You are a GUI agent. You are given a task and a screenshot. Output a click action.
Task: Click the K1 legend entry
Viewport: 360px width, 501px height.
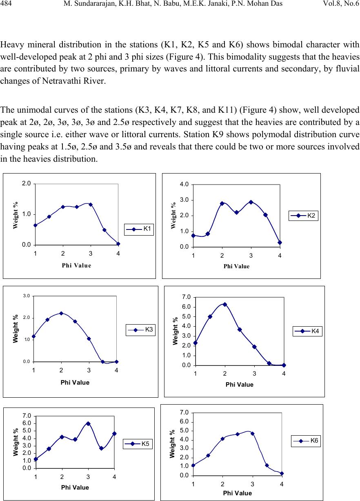coord(139,229)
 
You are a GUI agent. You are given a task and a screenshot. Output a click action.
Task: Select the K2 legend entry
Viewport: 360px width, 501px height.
coord(303,216)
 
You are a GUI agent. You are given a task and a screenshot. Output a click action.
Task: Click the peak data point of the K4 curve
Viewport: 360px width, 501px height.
coord(225,305)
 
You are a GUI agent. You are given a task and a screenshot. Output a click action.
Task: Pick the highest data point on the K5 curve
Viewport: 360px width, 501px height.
coord(88,423)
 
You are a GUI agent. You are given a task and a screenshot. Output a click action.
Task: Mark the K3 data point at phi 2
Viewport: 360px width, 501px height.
coord(61,313)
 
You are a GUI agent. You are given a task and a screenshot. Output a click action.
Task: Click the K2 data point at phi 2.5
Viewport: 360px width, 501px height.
coord(237,212)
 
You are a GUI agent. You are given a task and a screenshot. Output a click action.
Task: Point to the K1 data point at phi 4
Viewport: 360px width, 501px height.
coord(118,244)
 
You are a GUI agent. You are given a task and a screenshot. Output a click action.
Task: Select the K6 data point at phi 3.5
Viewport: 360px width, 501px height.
coord(267,465)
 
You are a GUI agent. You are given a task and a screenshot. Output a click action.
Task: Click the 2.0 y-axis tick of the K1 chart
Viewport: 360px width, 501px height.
coord(27,183)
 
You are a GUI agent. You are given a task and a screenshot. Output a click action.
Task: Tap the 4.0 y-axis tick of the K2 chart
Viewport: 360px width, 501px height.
coord(184,184)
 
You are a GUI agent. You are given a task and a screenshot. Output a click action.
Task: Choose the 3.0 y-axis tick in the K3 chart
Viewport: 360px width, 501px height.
coord(27,296)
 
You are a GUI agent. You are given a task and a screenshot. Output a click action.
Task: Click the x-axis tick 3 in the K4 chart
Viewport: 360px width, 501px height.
coord(254,374)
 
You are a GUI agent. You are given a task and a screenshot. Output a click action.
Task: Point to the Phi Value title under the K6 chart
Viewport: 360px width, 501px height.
coord(237,493)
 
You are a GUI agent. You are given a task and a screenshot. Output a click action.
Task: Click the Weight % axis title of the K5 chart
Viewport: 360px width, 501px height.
coord(16,442)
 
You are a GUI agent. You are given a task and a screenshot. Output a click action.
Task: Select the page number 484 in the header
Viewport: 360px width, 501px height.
coord(6,3)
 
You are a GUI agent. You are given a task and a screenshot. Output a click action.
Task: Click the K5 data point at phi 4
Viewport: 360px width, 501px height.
coord(114,434)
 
